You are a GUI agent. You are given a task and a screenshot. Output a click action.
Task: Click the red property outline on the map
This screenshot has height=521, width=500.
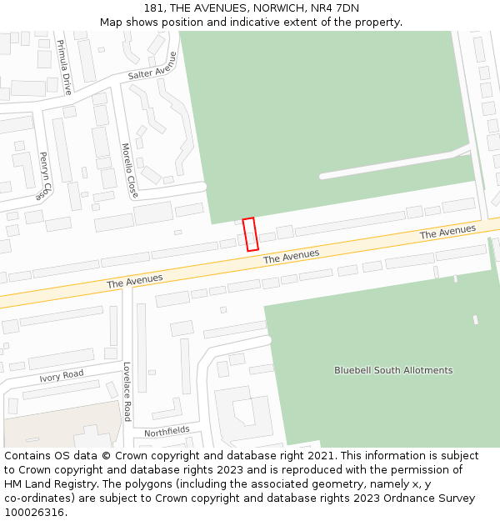pyautogui.click(x=250, y=234)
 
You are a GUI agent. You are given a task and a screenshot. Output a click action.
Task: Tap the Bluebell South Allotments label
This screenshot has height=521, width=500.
pyautogui.click(x=393, y=370)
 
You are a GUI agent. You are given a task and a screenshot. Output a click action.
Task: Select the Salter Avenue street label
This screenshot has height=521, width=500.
pyautogui.click(x=152, y=67)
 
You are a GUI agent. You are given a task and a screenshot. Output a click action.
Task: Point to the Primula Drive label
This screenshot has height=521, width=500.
pyautogui.click(x=63, y=67)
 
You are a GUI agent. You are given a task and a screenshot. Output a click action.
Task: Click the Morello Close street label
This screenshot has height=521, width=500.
pyautogui.click(x=129, y=170)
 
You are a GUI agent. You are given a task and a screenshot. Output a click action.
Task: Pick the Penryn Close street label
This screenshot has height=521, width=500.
pyautogui.click(x=43, y=175)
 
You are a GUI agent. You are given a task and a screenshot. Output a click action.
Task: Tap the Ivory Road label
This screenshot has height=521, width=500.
pyautogui.click(x=62, y=377)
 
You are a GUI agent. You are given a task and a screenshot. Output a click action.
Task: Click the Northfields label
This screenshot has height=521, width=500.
pyautogui.click(x=167, y=432)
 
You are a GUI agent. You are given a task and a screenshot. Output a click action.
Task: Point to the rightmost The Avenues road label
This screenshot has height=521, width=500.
pyautogui.click(x=447, y=232)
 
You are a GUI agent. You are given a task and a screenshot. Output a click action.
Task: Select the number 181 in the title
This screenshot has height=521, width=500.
pyautogui.click(x=154, y=8)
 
